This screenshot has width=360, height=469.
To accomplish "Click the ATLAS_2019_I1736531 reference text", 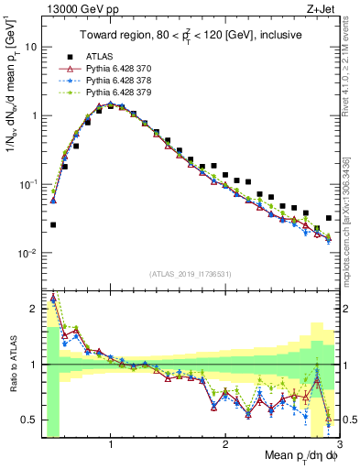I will coord(190,273).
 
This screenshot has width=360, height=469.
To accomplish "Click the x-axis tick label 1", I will coord(111,444).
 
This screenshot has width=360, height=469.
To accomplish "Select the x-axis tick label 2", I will coord(225,444).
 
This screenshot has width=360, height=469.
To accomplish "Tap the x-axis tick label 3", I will coord(339,444).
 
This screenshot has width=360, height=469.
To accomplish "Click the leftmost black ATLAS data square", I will coord(53,224).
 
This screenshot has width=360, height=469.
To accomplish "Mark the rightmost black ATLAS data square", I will coord(329,218).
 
